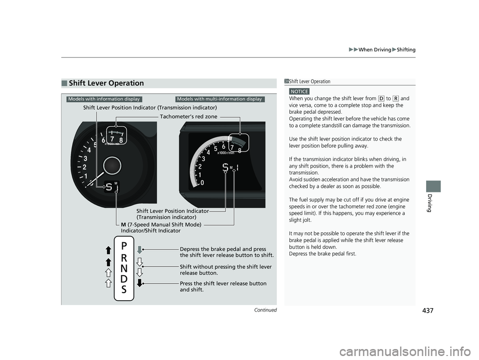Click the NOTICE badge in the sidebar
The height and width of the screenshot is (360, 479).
299,91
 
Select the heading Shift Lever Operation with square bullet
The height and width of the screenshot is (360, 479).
103,83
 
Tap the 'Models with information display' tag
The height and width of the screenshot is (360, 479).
104,99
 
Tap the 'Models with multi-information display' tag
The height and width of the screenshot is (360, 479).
220,99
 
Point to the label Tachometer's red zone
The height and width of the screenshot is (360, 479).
189,116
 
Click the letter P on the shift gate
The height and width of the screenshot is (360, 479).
124,246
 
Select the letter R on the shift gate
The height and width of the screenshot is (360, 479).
124,258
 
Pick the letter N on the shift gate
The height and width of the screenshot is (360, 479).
124,268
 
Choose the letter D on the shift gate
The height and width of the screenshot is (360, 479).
124,279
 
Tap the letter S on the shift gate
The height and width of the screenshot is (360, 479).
124,289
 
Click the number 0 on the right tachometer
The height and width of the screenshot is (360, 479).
202,183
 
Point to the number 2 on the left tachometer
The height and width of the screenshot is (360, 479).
84,167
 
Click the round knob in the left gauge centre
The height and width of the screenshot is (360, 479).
112,166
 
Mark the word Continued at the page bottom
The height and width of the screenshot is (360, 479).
265,310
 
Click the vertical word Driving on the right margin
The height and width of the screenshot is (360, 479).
429,203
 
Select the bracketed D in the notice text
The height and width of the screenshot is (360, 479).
381,98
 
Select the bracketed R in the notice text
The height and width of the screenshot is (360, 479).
395,98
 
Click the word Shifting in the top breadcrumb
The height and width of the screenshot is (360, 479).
406,49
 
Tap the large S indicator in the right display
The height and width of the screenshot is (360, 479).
225,167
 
